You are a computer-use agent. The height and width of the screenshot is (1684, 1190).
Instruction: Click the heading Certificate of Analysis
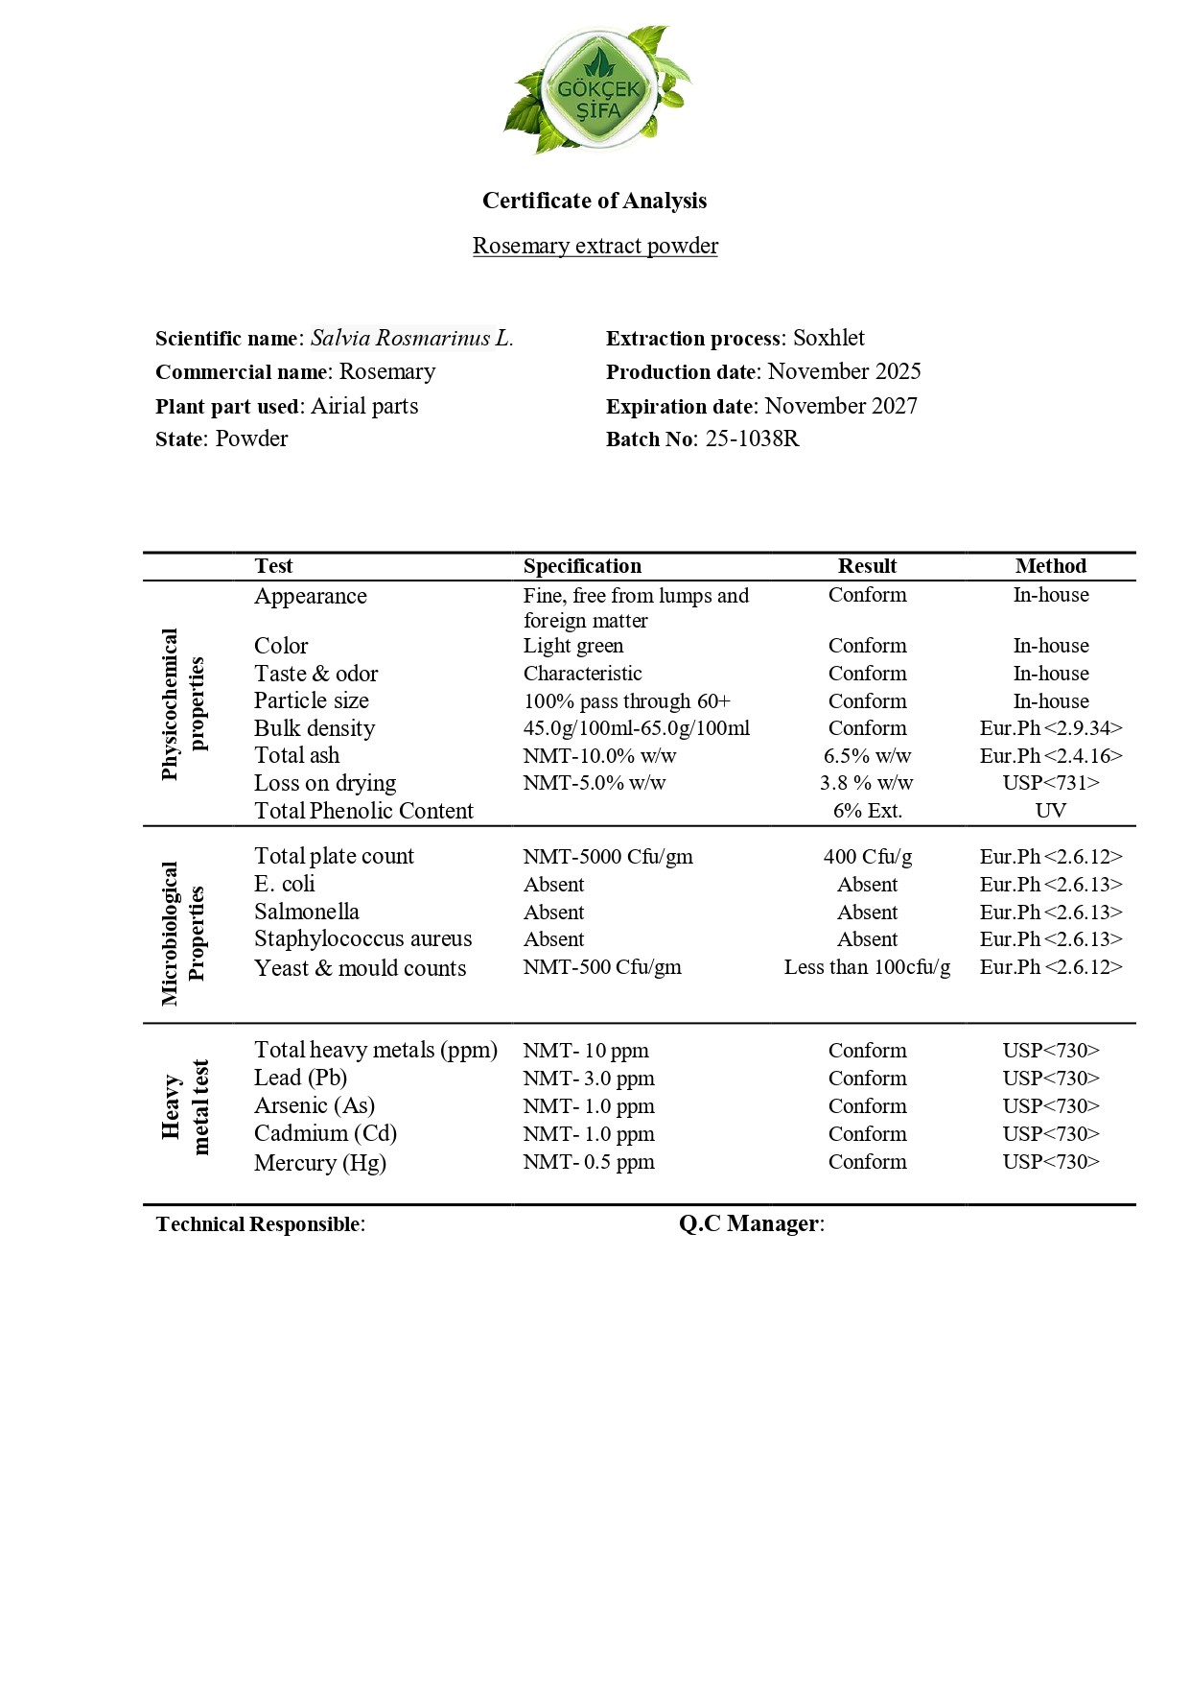[x=595, y=201]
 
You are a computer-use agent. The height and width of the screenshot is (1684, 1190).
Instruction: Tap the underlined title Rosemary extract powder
[x=595, y=246]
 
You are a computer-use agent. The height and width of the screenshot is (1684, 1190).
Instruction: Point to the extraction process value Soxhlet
[x=828, y=338]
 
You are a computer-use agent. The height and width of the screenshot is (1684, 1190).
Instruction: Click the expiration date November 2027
[x=841, y=406]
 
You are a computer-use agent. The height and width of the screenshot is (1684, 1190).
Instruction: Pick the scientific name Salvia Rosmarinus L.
[x=411, y=338]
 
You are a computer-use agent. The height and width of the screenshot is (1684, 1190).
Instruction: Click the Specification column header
[x=582, y=566]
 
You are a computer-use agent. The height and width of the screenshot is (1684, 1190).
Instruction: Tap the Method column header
[x=1050, y=566]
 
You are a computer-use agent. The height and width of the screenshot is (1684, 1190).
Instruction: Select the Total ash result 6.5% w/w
[x=867, y=756]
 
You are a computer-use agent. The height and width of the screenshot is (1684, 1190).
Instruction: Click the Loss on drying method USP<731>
[x=1050, y=783]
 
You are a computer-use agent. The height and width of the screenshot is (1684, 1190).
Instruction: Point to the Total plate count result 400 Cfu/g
[x=867, y=857]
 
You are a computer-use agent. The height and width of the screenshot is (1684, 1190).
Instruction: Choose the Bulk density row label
[x=315, y=728]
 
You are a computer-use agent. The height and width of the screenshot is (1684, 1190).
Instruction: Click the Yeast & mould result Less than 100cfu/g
[x=867, y=967]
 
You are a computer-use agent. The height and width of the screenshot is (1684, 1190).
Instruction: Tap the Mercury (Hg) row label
[x=320, y=1163]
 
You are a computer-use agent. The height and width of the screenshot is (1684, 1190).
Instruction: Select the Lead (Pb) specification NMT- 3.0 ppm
[x=589, y=1079]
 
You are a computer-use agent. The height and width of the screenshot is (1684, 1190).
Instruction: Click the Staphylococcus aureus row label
[x=362, y=938]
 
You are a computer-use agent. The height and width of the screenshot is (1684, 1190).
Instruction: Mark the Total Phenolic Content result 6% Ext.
[x=867, y=811]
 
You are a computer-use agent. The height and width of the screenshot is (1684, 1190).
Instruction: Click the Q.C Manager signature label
[x=751, y=1223]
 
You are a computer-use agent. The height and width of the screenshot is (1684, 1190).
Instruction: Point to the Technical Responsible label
[x=260, y=1224]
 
